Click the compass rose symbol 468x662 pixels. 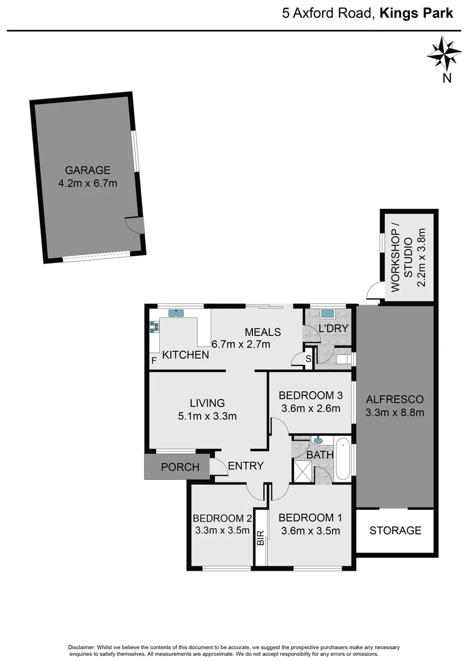(x=444, y=54)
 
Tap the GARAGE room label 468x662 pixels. (x=88, y=170)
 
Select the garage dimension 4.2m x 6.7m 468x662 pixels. (x=88, y=183)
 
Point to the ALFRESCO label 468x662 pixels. (x=394, y=399)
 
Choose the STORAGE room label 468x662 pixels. (x=395, y=530)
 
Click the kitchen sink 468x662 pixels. (x=176, y=314)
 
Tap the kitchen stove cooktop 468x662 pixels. (x=154, y=328)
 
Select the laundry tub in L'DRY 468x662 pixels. (x=328, y=314)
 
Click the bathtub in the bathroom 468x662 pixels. (x=343, y=460)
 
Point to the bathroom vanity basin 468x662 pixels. (x=319, y=440)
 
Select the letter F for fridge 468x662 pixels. (x=153, y=360)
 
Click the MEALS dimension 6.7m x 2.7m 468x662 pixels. (x=241, y=344)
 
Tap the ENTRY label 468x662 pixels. (x=246, y=466)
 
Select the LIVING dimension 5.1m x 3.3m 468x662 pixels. (x=207, y=416)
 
